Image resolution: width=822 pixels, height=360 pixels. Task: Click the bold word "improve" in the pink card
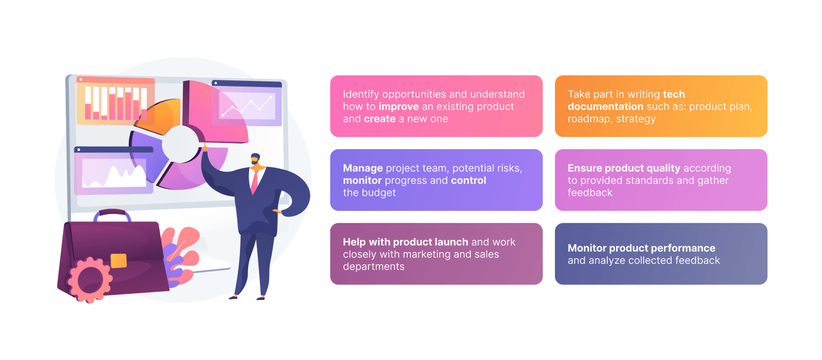tap(399, 106)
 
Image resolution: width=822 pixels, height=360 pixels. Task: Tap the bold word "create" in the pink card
tap(380, 119)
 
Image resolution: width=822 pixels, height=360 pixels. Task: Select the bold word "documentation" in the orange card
tap(606, 106)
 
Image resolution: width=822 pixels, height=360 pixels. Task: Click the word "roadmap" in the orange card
tap(589, 119)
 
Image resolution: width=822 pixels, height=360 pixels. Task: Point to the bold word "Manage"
tap(363, 168)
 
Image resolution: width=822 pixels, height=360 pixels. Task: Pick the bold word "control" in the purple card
tap(469, 180)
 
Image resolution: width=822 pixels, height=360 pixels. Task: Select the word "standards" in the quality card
tap(650, 180)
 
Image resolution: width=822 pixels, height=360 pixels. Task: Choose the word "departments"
tap(373, 267)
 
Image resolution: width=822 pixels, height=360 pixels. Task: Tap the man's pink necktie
tap(254, 182)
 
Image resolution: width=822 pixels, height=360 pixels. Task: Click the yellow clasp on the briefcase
tap(118, 261)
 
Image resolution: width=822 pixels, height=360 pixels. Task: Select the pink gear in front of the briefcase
tap(89, 280)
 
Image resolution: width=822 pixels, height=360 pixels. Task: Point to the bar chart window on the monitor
tap(115, 100)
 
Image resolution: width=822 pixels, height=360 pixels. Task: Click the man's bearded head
tap(256, 159)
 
